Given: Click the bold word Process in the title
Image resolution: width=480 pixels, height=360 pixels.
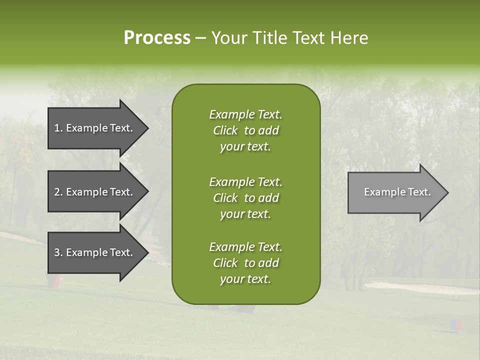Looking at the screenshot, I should [x=157, y=38].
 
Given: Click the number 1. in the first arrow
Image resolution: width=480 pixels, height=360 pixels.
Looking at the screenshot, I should [x=58, y=128].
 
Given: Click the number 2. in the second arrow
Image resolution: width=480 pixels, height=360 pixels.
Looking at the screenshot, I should [x=58, y=192].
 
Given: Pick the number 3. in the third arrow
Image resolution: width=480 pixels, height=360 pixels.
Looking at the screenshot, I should [x=58, y=252].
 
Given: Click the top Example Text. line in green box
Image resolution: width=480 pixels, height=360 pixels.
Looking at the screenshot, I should [x=245, y=114].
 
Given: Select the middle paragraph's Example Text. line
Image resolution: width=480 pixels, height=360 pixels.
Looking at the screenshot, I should [x=245, y=181].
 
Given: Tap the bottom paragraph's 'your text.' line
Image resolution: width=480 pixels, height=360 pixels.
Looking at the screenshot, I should [x=245, y=279].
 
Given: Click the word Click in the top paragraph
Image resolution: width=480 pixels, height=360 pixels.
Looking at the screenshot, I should [x=225, y=130].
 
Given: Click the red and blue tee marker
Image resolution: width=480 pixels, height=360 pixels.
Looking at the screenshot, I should [x=456, y=324].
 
